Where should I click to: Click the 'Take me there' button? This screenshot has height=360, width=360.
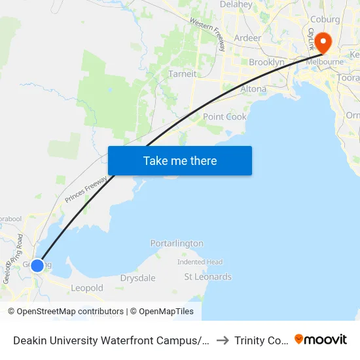[180, 160]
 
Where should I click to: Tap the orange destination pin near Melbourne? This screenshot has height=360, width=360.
[323, 43]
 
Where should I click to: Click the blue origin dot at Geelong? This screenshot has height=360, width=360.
[37, 265]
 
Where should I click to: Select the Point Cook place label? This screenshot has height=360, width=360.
[225, 117]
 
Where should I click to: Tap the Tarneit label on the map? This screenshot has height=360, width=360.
[182, 74]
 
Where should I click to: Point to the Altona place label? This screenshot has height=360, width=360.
[253, 88]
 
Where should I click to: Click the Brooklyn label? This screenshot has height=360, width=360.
[266, 62]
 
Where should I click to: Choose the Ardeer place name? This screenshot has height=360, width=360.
[247, 37]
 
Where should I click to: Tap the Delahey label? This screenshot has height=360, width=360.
[236, 5]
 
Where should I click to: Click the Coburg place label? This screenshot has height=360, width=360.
[325, 20]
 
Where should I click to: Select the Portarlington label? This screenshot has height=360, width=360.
[177, 243]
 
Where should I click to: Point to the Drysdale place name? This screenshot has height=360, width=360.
[138, 278]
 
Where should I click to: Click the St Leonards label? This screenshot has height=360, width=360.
[208, 277]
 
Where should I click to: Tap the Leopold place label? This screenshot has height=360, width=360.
[87, 288]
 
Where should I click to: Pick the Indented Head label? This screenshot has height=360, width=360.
[200, 262]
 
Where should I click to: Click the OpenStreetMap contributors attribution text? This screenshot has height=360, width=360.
[70, 312]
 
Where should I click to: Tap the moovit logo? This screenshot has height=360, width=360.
[321, 340]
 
